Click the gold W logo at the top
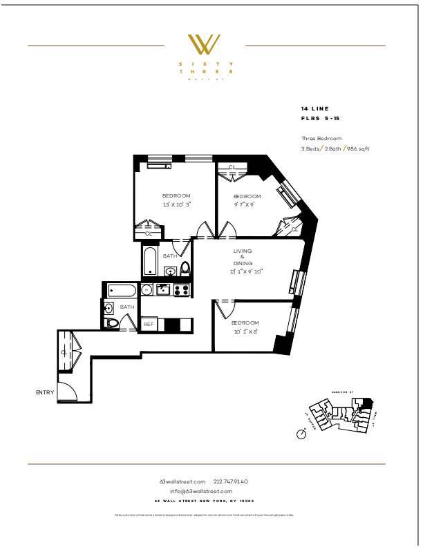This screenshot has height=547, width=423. (205, 45)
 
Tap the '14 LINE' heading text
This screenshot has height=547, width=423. (315, 109)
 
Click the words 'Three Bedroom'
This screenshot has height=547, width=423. (321, 139)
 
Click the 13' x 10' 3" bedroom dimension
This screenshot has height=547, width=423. (176, 204)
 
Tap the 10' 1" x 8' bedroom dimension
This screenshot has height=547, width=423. (245, 332)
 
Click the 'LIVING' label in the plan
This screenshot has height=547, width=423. (242, 251)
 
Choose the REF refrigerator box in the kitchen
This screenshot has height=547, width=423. (148, 324)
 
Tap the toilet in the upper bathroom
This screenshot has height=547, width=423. (185, 269)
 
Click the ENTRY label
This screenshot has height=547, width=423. (44, 392)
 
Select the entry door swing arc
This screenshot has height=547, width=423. (68, 391)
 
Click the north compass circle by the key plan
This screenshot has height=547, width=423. (301, 434)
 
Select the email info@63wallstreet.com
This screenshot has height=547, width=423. (205, 491)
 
